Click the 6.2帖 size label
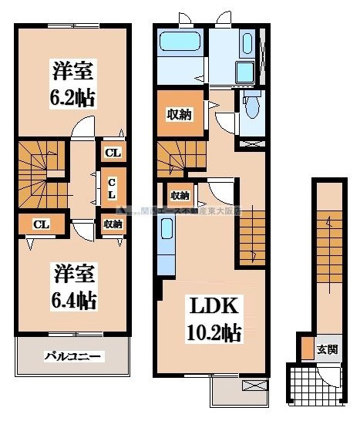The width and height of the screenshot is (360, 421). [73, 98]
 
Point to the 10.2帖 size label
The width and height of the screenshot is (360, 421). [210, 333]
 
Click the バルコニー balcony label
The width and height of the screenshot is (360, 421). [73, 356]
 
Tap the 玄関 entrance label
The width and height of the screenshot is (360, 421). [327, 349]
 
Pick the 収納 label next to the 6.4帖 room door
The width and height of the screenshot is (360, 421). [112, 224]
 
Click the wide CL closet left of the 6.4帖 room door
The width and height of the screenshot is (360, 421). [41, 224]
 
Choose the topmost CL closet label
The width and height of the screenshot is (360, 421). [113, 153]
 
